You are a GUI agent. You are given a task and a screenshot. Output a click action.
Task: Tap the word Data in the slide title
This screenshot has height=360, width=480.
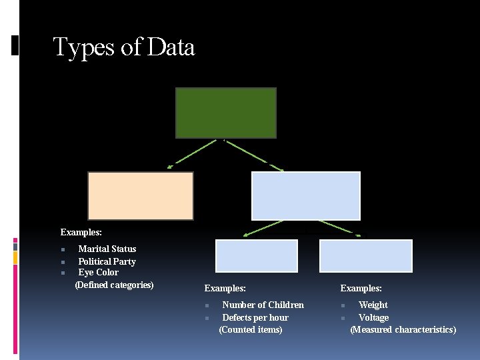click(171, 47)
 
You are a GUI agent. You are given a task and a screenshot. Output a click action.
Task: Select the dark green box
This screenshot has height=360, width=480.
click(225, 113)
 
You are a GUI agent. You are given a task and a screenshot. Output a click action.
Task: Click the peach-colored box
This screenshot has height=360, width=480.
click(141, 195)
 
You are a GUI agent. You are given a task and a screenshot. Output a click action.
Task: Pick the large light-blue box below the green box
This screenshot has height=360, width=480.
click(305, 195)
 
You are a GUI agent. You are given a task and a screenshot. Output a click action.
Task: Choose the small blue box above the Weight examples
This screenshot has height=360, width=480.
click(366, 255)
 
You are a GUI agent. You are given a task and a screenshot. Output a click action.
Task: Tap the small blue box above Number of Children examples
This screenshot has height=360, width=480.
click(257, 255)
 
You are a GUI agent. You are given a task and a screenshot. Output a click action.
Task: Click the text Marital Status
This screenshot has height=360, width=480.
click(107, 249)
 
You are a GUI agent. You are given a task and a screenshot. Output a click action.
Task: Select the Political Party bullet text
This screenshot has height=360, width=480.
click(107, 261)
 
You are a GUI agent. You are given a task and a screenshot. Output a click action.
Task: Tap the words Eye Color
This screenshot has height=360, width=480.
click(98, 272)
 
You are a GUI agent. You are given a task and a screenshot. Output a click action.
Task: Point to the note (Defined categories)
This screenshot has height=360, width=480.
click(115, 285)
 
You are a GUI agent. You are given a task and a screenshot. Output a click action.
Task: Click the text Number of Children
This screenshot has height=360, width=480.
click(263, 305)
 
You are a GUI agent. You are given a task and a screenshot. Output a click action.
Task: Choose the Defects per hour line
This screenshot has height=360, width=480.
click(255, 317)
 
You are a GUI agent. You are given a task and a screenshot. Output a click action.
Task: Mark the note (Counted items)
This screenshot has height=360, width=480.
click(251, 329)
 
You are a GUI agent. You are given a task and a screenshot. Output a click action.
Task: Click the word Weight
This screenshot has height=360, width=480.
click(373, 305)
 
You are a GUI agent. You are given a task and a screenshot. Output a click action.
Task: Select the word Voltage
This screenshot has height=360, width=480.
click(373, 317)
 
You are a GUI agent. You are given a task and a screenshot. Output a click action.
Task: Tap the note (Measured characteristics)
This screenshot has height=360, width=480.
click(403, 329)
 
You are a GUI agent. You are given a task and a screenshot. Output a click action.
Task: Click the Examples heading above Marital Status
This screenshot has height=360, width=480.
click(81, 232)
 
